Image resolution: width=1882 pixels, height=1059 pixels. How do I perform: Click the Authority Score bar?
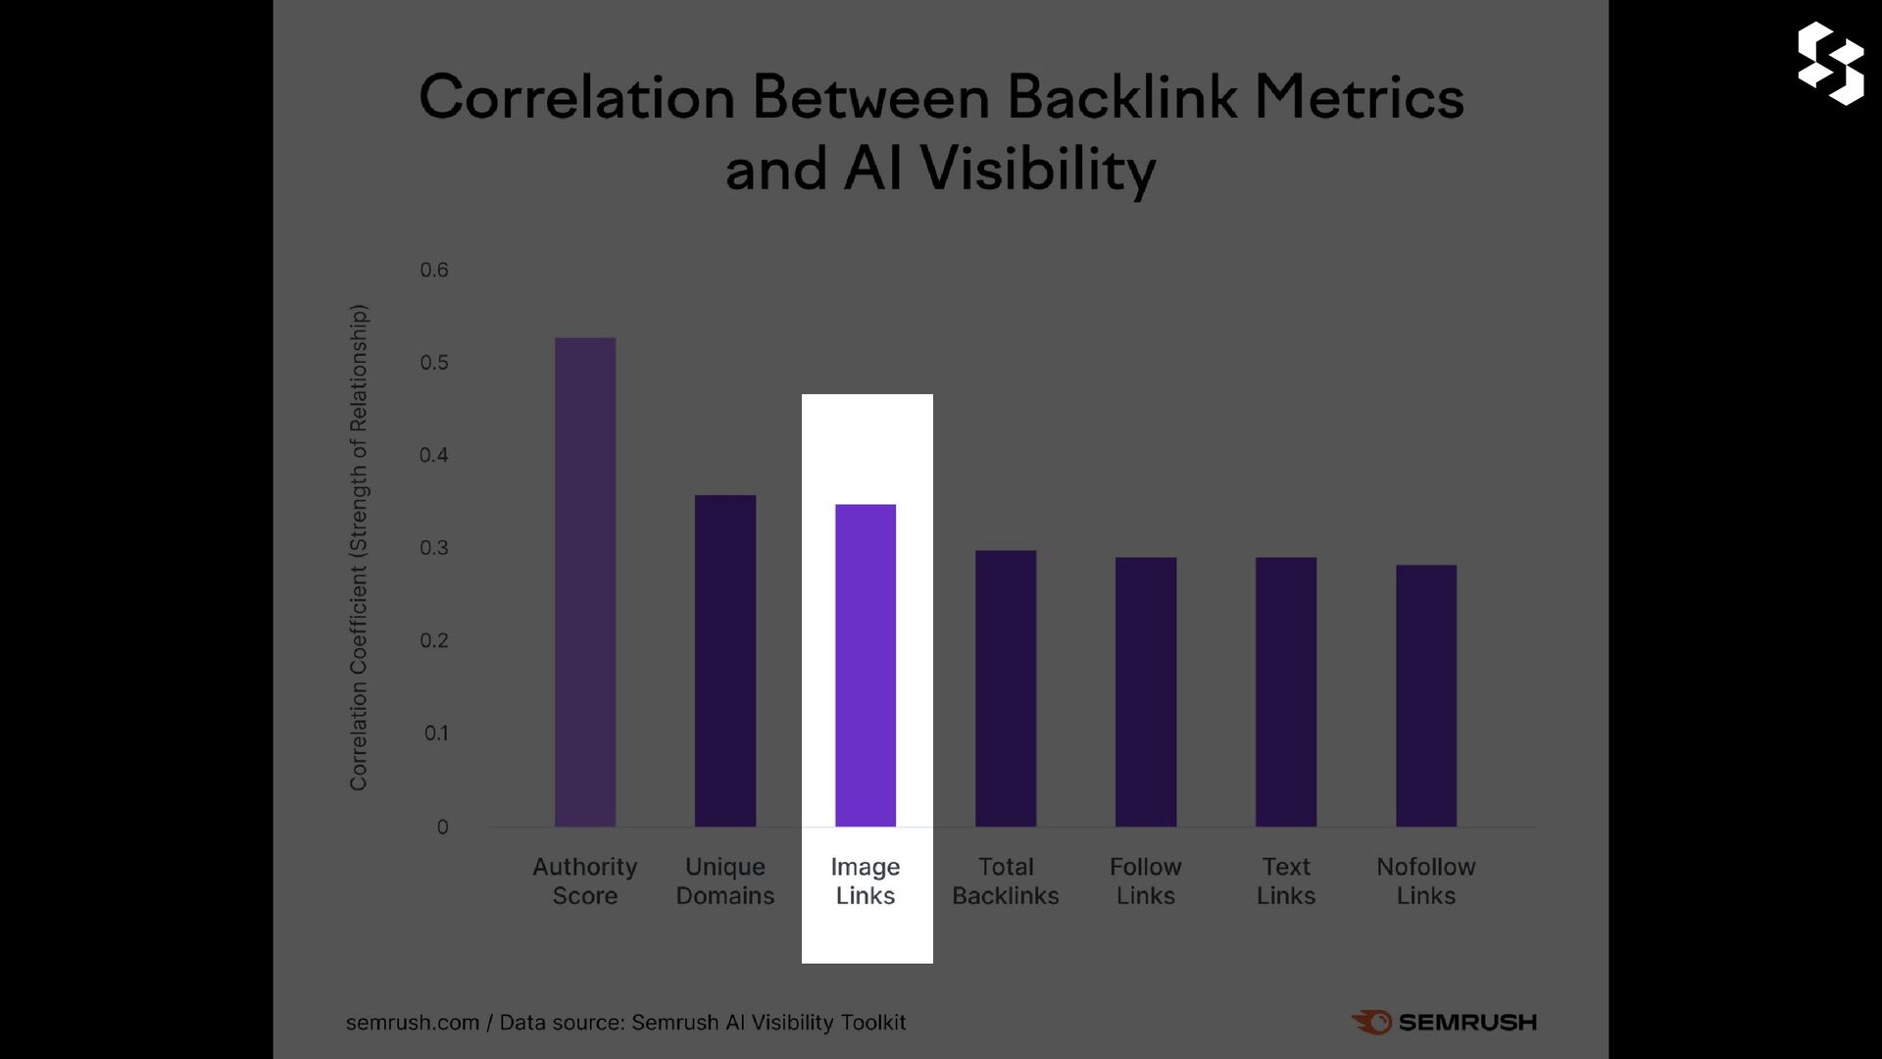point(585,582)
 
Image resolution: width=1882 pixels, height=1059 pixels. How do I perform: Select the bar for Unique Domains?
point(725,661)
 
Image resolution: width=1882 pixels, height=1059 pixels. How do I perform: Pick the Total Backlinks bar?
point(1006,688)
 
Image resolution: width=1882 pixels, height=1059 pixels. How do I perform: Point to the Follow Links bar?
point(1146,692)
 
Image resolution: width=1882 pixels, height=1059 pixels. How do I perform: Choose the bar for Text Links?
point(1286,692)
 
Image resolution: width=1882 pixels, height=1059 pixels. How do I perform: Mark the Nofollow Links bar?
point(1426,696)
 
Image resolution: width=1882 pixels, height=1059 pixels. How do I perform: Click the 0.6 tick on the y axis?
point(434,270)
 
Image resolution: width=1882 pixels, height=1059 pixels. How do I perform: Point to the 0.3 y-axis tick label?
point(434,548)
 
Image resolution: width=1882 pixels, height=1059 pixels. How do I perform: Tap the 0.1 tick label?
point(436,733)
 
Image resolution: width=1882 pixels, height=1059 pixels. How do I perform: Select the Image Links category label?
point(866,881)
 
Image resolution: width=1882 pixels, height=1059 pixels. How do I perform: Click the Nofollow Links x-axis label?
point(1426,881)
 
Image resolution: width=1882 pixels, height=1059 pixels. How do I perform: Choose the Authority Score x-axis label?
point(585,881)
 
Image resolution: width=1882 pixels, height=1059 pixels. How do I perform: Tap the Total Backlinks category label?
point(1006,881)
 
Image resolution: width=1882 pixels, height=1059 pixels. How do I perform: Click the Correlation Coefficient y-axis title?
point(359,547)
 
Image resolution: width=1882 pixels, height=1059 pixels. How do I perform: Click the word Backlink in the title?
point(1122,98)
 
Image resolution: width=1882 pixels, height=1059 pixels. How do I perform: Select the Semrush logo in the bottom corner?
point(1444,1022)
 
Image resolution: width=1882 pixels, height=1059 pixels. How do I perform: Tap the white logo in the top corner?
point(1831,63)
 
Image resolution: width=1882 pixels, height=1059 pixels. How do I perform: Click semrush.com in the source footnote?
point(413,1023)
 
